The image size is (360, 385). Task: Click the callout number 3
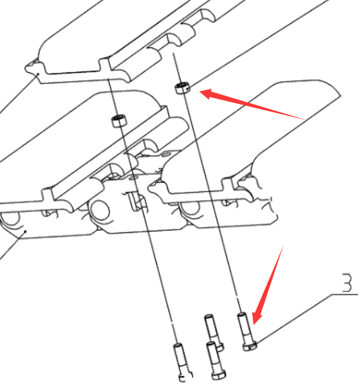point(347,283)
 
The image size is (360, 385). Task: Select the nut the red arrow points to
point(182,88)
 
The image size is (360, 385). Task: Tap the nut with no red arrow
point(120,121)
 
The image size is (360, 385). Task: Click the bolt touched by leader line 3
point(247,331)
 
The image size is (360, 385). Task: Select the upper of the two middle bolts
point(213,332)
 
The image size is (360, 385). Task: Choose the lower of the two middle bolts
point(216,360)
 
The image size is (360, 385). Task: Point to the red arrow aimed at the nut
point(251,104)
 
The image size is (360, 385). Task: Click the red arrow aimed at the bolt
point(268,285)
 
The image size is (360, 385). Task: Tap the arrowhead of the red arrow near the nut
point(206,93)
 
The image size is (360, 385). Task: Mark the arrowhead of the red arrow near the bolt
point(256,318)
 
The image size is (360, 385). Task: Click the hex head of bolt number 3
point(250,346)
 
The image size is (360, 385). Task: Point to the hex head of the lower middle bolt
point(219,375)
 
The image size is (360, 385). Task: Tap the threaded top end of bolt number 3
point(241,315)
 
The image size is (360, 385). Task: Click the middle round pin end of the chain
point(100,210)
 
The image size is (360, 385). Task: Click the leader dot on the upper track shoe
point(38,74)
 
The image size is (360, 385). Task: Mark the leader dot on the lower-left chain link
point(25,231)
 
